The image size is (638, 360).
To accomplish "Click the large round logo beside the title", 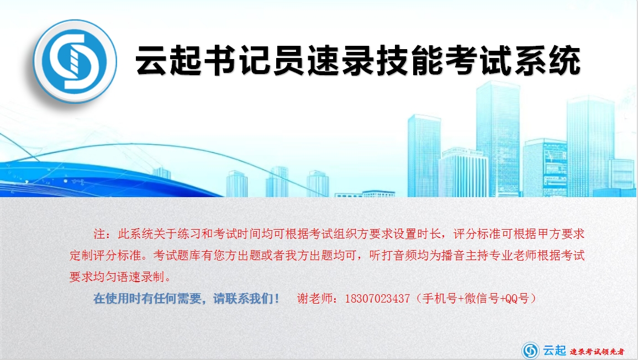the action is (x=75, y=61).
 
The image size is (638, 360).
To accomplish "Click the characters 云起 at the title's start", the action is (x=168, y=61).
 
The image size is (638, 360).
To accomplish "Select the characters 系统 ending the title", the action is (x=547, y=61).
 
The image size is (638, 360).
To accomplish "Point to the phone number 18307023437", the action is (x=377, y=299).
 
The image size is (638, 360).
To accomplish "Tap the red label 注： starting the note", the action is (x=102, y=234).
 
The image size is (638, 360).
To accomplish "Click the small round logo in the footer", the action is (x=531, y=351).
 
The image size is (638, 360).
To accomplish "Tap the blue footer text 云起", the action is (x=555, y=350).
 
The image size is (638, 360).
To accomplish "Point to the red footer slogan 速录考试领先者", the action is (x=597, y=352).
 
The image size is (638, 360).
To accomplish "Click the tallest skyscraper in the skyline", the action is (x=498, y=139).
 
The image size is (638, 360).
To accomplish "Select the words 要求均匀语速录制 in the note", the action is (x=117, y=277).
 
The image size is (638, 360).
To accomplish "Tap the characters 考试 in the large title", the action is (x=479, y=61).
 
